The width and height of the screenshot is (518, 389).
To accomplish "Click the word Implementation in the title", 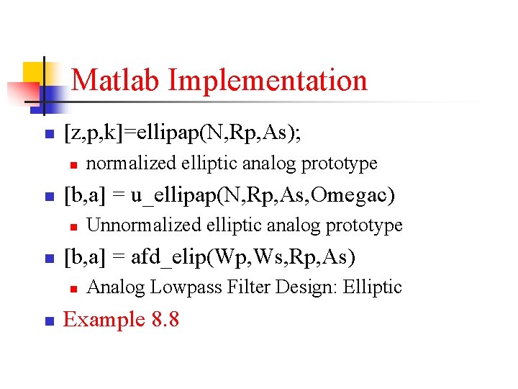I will (x=268, y=80).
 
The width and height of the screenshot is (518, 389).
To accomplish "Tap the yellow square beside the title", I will (x=34, y=73).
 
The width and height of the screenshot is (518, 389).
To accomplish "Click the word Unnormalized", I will (x=143, y=225).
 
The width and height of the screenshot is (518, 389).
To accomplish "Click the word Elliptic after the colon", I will (x=372, y=287).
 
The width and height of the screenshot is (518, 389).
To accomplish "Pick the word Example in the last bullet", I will (x=104, y=319).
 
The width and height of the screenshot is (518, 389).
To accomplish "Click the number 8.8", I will (x=165, y=319).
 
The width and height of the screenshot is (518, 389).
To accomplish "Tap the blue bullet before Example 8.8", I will (x=47, y=321).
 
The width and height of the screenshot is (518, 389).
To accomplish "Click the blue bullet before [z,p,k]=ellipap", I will (x=47, y=134).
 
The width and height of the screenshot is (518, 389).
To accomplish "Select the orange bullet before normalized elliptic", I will (x=73, y=165).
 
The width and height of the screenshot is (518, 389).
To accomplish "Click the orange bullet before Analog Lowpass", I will (x=73, y=289).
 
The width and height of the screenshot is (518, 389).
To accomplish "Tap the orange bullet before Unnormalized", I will (x=73, y=227).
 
